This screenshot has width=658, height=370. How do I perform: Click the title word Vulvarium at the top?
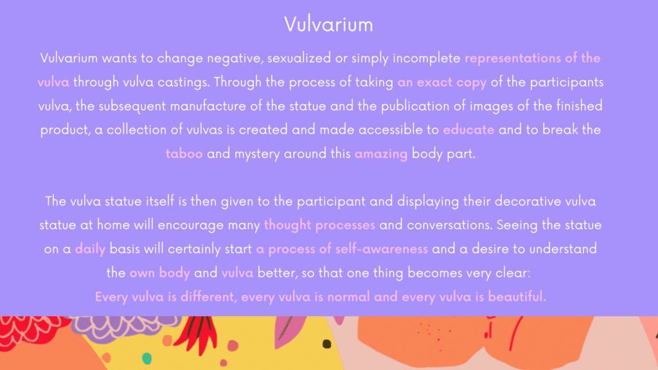(x=328, y=24)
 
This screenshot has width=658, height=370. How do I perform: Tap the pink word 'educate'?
(x=468, y=130)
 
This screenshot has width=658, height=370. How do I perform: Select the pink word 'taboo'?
(x=184, y=154)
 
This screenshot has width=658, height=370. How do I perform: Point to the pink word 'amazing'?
(x=380, y=154)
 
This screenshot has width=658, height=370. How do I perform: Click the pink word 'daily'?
(x=90, y=249)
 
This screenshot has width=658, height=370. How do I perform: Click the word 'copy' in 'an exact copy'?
(x=471, y=83)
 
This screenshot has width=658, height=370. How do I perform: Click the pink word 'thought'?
(x=287, y=225)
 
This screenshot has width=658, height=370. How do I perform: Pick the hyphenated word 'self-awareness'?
(x=382, y=249)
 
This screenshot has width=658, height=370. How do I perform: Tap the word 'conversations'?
(x=449, y=225)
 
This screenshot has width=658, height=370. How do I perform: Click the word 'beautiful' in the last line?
(x=517, y=297)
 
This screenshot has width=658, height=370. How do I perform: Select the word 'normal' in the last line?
(x=348, y=297)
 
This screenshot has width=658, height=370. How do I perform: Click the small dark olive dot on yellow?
(x=326, y=344)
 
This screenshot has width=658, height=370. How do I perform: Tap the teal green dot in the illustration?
(x=147, y=358)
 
